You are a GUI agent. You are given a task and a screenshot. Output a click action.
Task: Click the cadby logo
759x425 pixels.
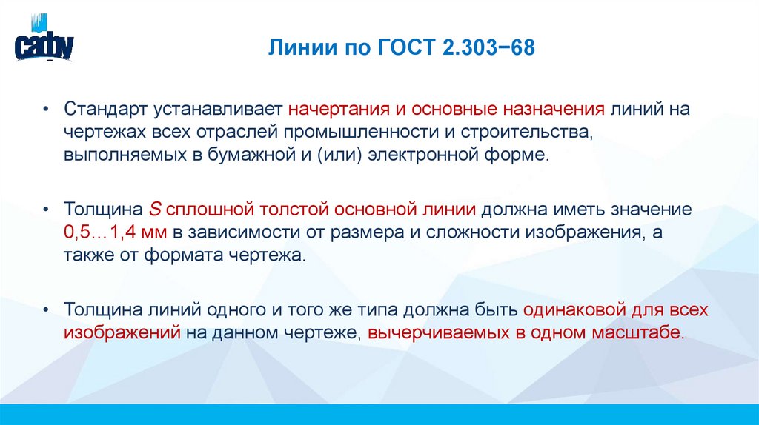[x=44, y=44]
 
